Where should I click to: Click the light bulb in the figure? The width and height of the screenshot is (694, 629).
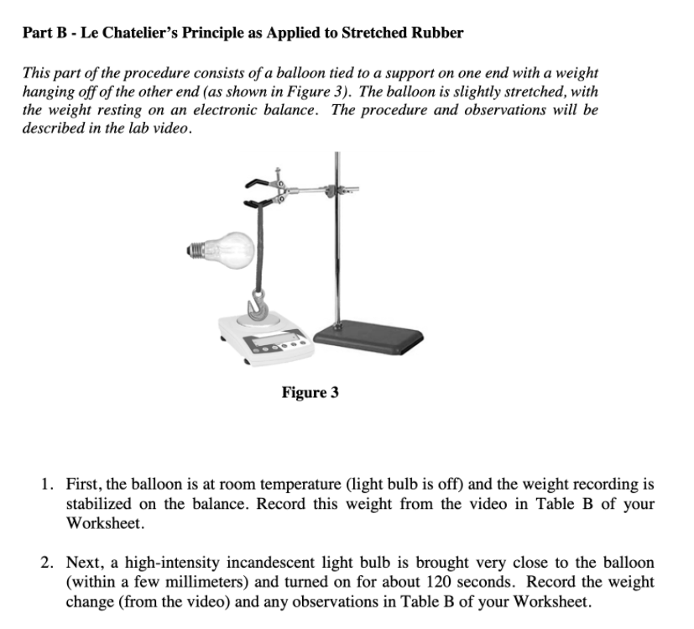click(221, 250)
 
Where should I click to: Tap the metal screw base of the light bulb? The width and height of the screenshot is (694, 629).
click(195, 250)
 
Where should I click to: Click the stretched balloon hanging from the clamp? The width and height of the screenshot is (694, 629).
click(258, 248)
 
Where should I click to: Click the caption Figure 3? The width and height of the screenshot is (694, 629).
click(310, 392)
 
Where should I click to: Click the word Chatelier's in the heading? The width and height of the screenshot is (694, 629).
click(140, 33)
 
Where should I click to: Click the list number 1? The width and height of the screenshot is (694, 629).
click(46, 485)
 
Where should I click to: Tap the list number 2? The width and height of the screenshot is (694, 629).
click(46, 563)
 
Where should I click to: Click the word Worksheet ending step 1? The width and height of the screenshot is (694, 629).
click(106, 523)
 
